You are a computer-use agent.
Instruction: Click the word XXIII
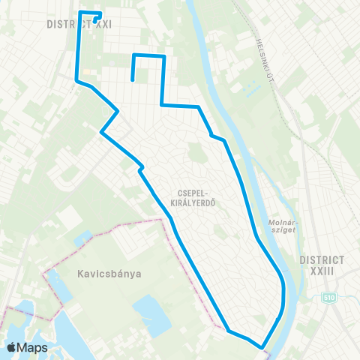point(322,271)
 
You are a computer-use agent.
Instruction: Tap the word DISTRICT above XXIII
point(322,259)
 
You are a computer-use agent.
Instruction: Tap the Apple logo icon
point(13,347)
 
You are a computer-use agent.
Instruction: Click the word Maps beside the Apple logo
point(34,347)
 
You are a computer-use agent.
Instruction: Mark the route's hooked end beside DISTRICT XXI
point(97,20)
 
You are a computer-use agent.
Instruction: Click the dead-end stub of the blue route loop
point(133,79)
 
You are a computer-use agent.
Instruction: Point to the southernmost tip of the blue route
point(262,347)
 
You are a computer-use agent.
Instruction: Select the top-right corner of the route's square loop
point(163,56)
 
